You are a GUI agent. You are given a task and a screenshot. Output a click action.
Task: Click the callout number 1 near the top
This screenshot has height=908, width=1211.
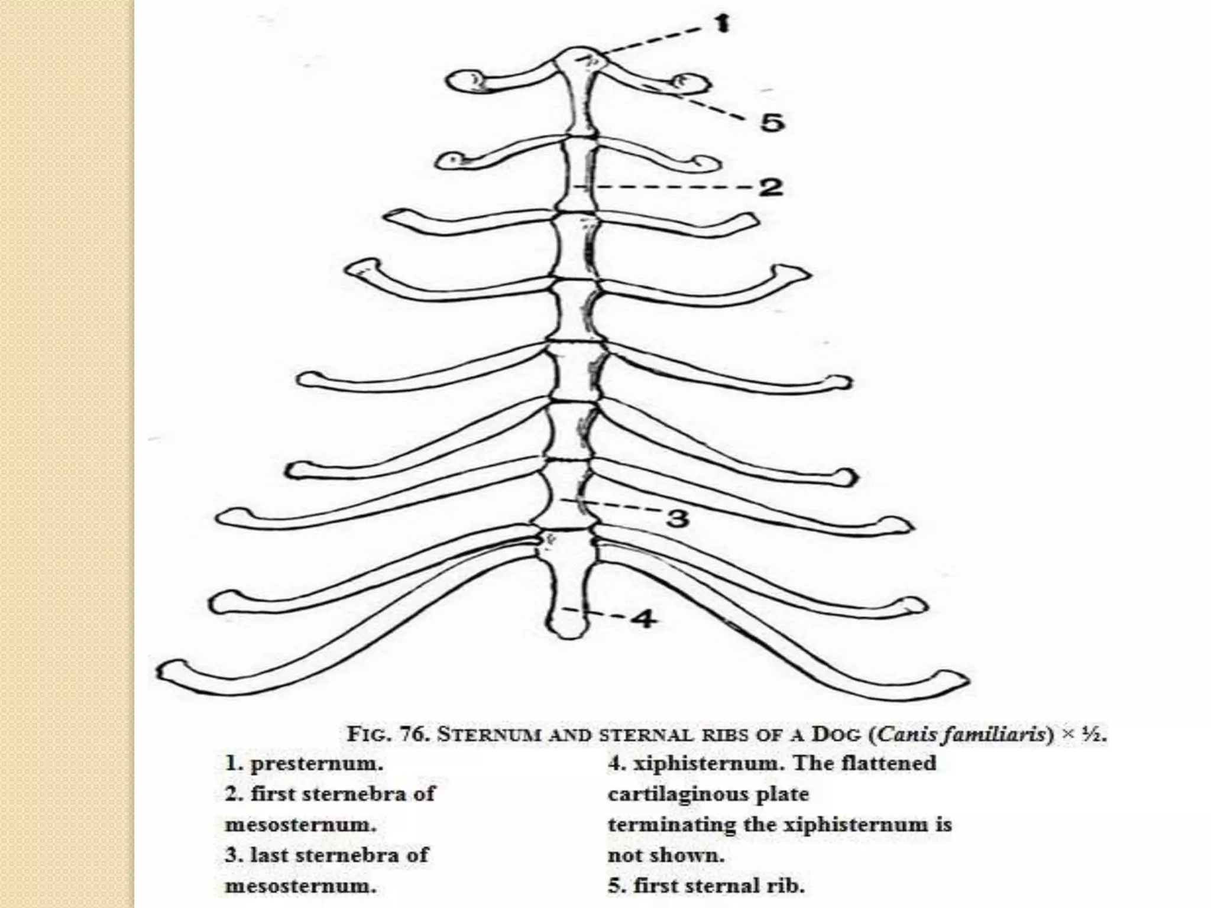pos(721,24)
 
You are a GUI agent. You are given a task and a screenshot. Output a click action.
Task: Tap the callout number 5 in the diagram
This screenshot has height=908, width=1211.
pos(772,122)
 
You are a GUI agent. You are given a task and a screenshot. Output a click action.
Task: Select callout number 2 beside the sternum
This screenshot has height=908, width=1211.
pos(770,187)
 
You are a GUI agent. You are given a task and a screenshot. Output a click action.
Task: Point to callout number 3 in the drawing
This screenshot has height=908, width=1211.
pos(678,518)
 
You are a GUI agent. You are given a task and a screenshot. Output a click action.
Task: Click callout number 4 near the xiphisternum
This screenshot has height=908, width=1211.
pos(643,619)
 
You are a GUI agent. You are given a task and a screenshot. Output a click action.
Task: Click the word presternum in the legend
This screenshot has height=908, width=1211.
pos(317,763)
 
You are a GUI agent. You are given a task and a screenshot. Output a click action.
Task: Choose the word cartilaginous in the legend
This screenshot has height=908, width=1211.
pos(708,794)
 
